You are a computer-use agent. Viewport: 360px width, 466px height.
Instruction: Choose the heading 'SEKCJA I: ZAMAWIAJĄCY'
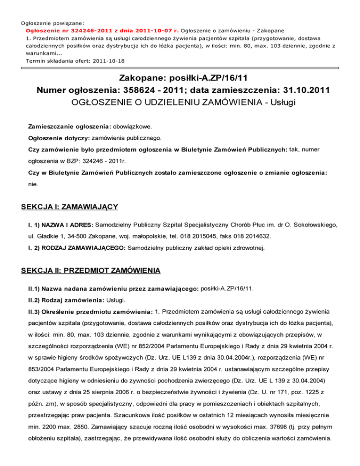coord(71,207)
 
